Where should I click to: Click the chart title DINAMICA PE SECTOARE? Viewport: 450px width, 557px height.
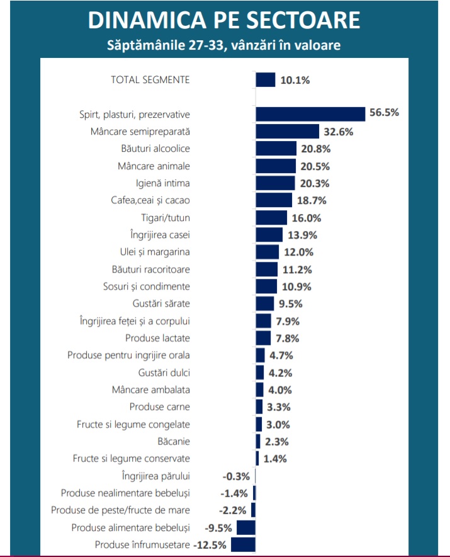click(x=224, y=20)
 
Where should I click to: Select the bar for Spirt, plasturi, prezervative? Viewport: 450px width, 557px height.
click(x=310, y=114)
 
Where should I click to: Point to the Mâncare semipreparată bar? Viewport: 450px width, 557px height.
click(x=287, y=132)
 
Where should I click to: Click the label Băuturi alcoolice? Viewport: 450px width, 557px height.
click(x=155, y=149)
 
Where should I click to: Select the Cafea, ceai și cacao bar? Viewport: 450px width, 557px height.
click(x=274, y=200)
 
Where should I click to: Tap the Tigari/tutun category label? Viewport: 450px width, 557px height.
click(x=166, y=218)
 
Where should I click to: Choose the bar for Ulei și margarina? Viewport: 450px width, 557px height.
click(x=267, y=252)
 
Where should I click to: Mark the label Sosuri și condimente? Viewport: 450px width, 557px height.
click(x=146, y=286)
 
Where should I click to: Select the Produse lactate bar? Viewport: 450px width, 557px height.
click(x=263, y=338)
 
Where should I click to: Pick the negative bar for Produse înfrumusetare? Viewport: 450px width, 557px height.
click(x=244, y=544)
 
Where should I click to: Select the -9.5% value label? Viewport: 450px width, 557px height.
click(x=218, y=527)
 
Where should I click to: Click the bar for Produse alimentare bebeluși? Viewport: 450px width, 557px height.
click(x=246, y=527)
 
